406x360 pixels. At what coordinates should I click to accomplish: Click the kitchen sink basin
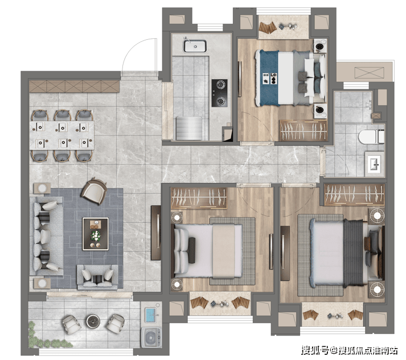coord(195,46)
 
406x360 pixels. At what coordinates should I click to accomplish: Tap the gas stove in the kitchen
coord(220,93)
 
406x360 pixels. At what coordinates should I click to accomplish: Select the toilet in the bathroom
coord(371,137)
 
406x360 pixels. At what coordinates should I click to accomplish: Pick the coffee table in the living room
coord(95,234)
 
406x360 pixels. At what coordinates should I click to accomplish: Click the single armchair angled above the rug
coord(94,191)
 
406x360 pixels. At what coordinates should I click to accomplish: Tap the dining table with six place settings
coord(61,135)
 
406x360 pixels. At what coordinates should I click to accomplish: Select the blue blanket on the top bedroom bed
coord(269,77)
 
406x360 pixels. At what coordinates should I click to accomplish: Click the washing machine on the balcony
coord(151,337)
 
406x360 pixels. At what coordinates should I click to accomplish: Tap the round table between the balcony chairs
coord(93,321)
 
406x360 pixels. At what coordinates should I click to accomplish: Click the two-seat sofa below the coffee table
coord(97,277)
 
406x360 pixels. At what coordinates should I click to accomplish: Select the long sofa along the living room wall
coord(46,236)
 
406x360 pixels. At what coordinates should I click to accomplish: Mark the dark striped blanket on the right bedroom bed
coord(353,253)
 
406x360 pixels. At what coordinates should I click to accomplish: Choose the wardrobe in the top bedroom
coord(303,130)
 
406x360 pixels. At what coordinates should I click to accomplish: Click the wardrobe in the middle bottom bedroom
coord(199,198)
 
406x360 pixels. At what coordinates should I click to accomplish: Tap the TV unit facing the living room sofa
coord(156,232)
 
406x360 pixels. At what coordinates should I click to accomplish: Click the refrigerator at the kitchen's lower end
coord(188,129)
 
